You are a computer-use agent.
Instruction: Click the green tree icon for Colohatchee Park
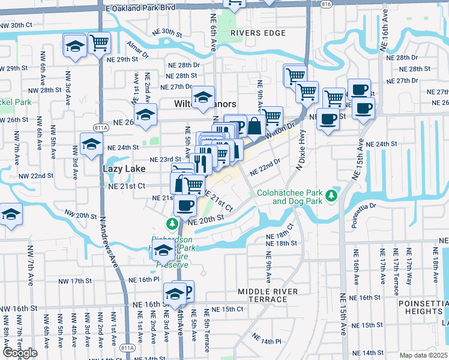click(330, 196)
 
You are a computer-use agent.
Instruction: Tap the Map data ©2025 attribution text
click(424, 355)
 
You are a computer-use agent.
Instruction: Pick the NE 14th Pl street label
click(266, 341)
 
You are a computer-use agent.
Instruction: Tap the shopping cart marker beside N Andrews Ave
click(99, 43)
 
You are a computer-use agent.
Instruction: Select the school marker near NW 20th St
click(10, 215)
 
